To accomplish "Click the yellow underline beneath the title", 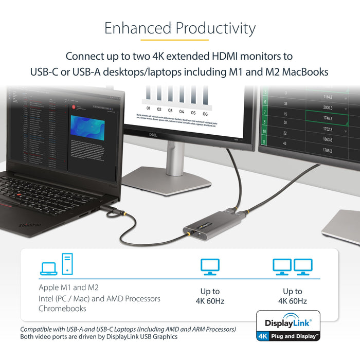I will point(174,40).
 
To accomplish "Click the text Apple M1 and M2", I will point(68,287).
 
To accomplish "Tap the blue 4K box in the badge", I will point(262,337).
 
